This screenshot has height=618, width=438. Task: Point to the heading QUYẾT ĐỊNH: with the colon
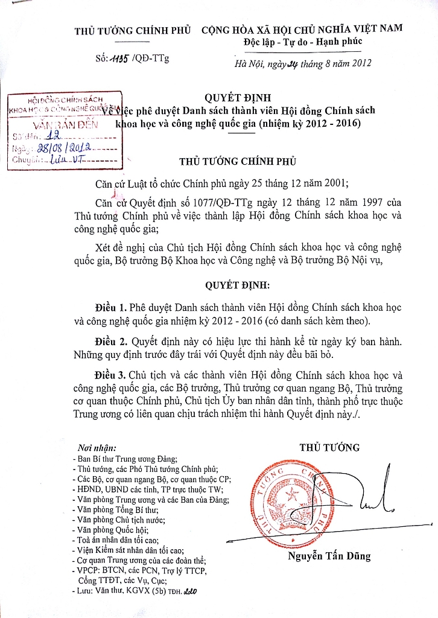(237, 284)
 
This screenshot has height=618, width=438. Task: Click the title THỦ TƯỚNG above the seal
(329, 447)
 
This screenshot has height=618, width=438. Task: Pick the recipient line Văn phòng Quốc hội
(113, 530)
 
